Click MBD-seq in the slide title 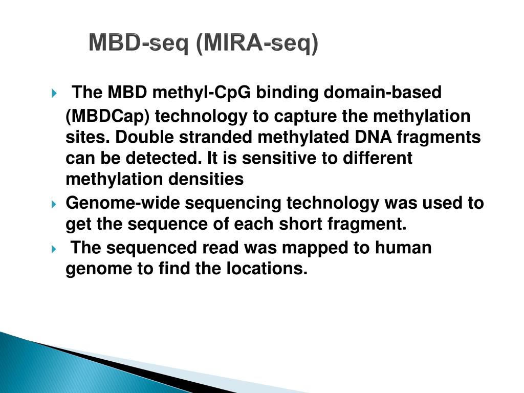tap(139, 43)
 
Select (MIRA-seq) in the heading tap(257, 43)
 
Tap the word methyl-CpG tap(202, 93)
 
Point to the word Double tap(144, 137)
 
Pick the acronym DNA tap(373, 137)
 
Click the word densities tap(206, 179)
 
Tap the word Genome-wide tap(123, 203)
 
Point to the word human tap(403, 248)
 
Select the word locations tap(267, 268)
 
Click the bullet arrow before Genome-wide tap(54, 204)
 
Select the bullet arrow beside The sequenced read tap(54, 249)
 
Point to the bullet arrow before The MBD tap(54, 93)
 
